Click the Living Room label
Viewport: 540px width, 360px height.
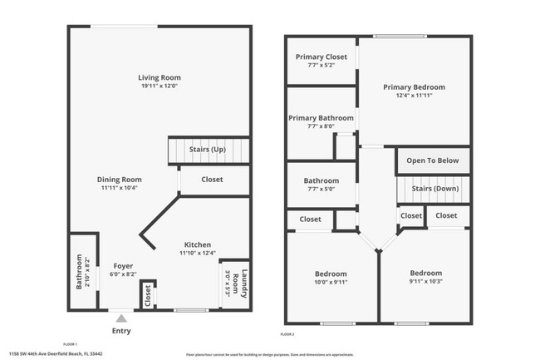click(160, 78)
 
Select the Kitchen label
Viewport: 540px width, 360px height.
click(198, 244)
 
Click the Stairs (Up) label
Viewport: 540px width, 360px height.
click(208, 150)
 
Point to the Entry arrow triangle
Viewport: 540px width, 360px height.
click(121, 317)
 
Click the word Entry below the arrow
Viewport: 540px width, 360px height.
click(121, 330)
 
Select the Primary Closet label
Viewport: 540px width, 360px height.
click(322, 57)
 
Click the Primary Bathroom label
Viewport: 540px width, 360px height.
click(321, 118)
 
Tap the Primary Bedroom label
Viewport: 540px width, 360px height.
click(414, 87)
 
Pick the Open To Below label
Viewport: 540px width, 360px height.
click(433, 161)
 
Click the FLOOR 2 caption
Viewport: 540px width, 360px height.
click(287, 333)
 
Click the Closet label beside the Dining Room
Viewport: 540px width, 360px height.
click(212, 180)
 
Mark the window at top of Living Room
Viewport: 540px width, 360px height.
click(124, 27)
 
